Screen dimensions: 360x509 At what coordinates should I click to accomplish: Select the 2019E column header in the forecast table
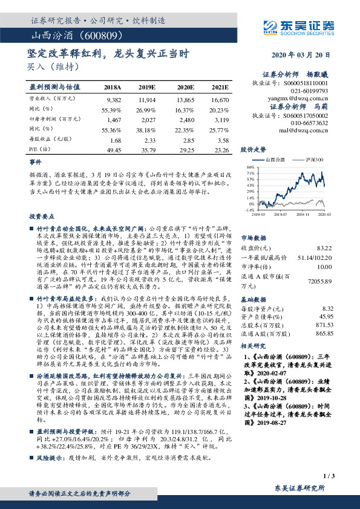coord(147,87)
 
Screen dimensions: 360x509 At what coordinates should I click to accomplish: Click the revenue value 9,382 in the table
coord(114,98)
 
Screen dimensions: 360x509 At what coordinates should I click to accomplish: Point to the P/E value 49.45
coord(114,148)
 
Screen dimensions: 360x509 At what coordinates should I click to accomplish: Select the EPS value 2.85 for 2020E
coord(187,139)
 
